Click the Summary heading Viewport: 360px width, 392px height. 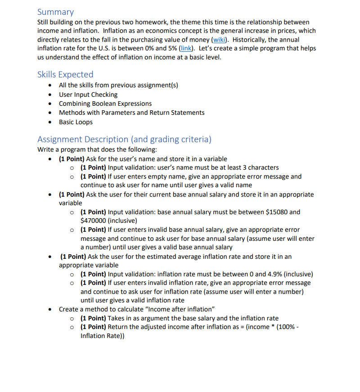(55, 12)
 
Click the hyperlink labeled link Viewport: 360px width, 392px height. (186, 48)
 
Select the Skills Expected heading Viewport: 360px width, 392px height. (65, 74)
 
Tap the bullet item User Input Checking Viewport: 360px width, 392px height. (88, 95)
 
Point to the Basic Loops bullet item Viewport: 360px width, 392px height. (76, 122)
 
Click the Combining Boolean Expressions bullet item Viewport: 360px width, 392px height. (105, 104)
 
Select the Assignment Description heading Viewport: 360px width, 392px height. (124, 139)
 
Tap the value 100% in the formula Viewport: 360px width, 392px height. (286, 327)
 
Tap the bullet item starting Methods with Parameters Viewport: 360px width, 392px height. (131, 113)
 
